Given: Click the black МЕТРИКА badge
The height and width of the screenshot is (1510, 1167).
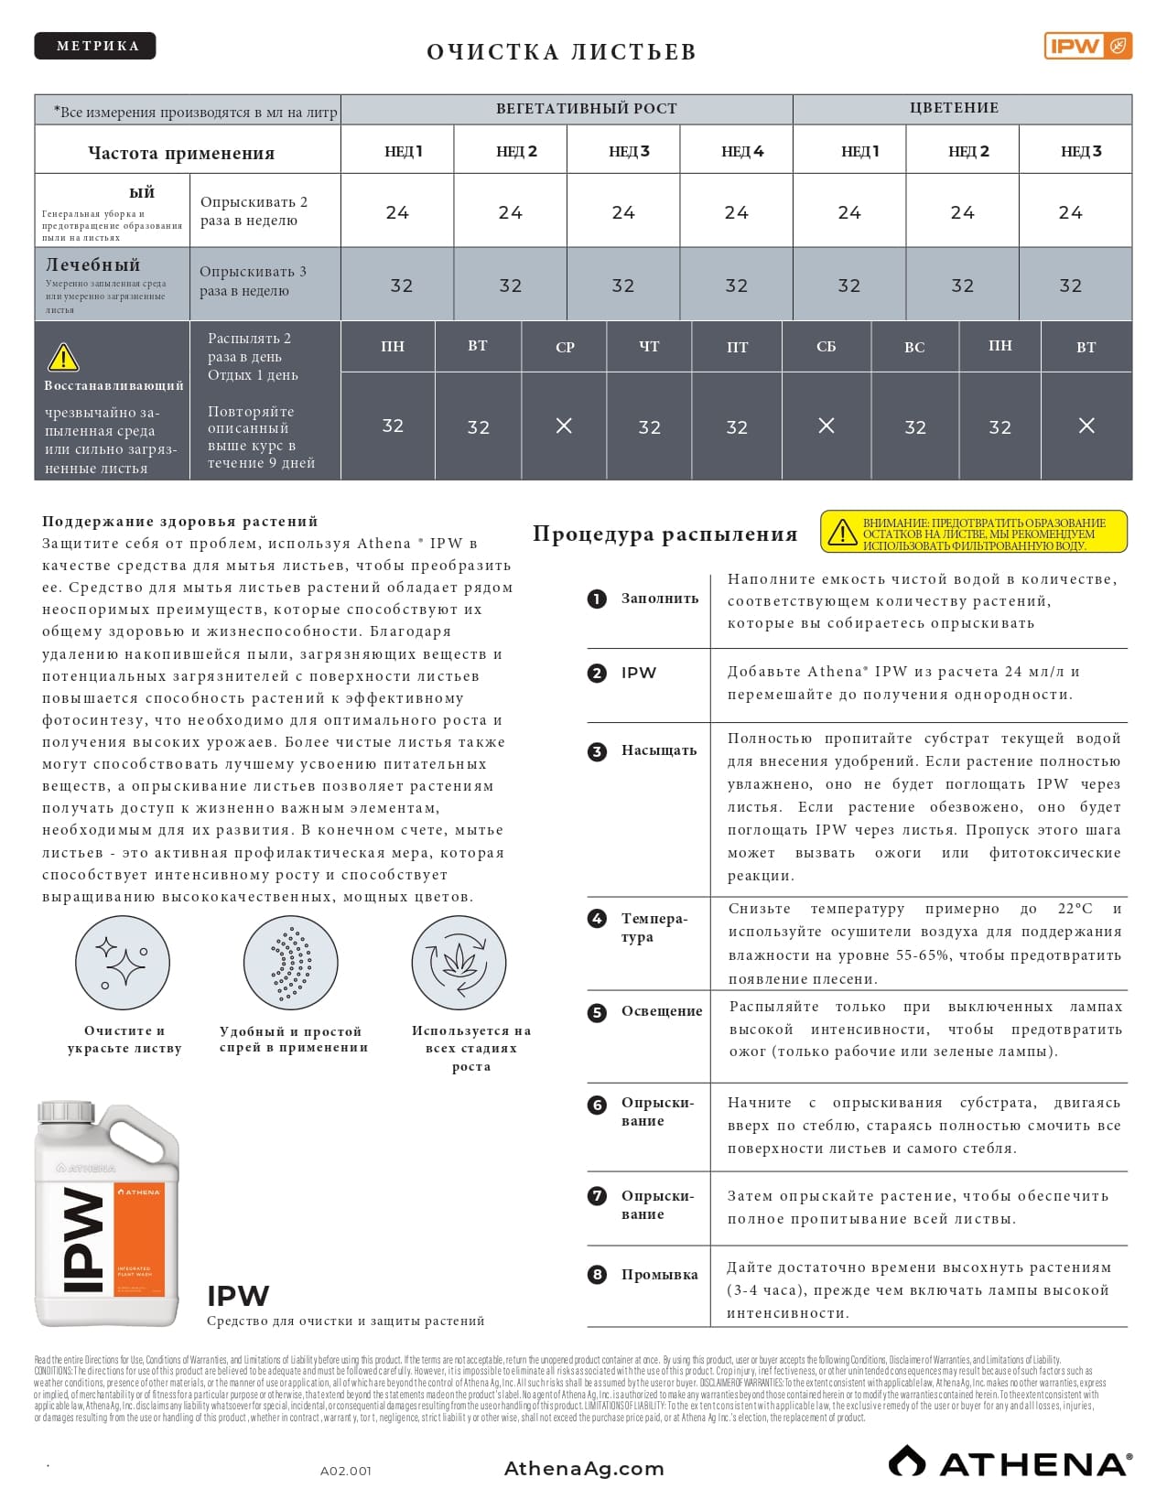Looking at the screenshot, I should (95, 46).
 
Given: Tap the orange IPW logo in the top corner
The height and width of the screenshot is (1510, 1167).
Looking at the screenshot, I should (1087, 46).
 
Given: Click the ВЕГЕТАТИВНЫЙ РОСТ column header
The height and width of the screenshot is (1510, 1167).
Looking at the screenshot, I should (586, 109).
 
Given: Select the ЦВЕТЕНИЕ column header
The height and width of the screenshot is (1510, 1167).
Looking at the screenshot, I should (954, 108).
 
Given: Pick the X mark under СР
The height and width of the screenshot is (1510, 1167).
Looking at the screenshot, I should (564, 426).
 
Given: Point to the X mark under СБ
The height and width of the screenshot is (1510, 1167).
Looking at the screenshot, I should (826, 426).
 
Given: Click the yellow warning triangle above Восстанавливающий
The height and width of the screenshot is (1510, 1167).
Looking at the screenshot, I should (63, 357).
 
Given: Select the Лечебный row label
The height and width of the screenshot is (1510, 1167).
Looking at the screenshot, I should (93, 265).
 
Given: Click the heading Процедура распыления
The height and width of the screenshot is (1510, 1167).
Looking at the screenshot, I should (665, 534).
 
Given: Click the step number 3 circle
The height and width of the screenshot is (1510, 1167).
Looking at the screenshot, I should (597, 751).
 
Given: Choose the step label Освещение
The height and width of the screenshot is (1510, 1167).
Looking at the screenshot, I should (662, 1011).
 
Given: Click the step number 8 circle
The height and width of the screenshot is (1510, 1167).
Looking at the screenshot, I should (597, 1274).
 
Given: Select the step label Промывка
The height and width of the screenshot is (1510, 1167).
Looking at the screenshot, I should (659, 1275).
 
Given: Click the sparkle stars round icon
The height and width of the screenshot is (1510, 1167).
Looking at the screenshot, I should (123, 963).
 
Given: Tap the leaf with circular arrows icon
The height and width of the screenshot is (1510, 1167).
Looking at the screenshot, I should (459, 963).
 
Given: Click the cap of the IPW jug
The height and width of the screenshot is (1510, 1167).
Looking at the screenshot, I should (66, 1112).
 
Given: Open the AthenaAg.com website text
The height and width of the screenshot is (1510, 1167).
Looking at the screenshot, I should (584, 1469).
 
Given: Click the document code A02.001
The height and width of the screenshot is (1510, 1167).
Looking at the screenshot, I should (346, 1472).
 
